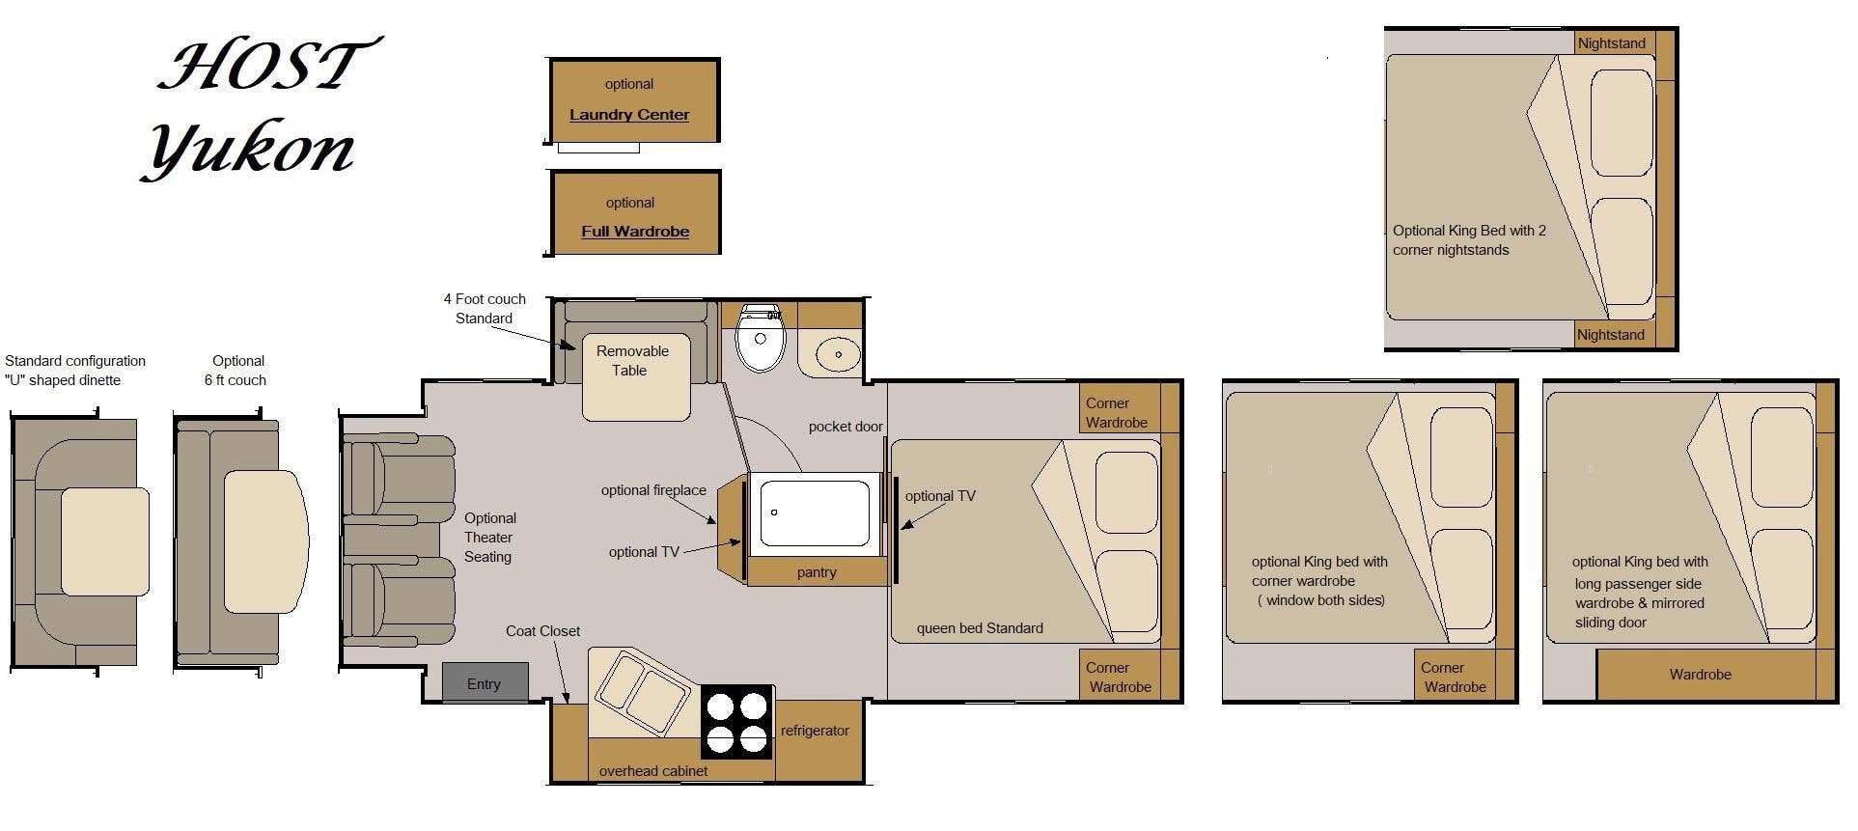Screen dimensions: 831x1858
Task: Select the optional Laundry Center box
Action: point(634,100)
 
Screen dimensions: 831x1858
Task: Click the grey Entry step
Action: point(485,683)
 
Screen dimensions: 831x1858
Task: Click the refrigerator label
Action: point(815,731)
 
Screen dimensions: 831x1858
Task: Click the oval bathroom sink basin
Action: point(838,354)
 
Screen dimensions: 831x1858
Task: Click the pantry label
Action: point(817,572)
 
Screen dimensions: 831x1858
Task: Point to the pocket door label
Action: point(846,427)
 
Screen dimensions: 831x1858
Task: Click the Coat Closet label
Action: point(542,631)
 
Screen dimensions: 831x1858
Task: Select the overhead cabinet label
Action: point(653,771)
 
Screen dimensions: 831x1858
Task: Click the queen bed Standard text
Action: point(980,628)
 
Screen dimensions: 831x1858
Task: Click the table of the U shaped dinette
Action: point(104,540)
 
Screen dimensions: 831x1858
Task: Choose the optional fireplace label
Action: point(653,490)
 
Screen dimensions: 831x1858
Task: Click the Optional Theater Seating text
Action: point(489,538)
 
